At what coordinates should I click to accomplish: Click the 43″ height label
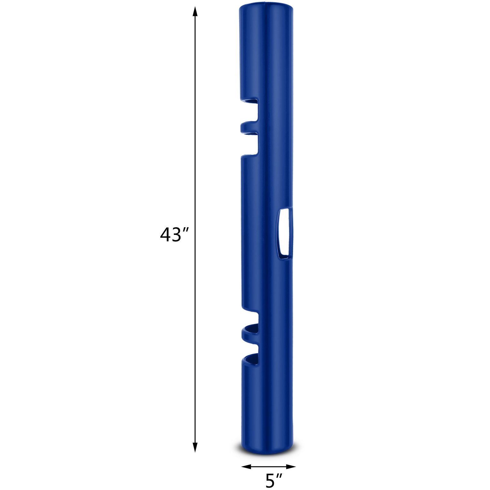pos(173,235)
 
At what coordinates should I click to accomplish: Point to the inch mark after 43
pos(184,230)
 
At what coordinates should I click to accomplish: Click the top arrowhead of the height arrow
pos(194,12)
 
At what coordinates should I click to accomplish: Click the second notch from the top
pos(251,144)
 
